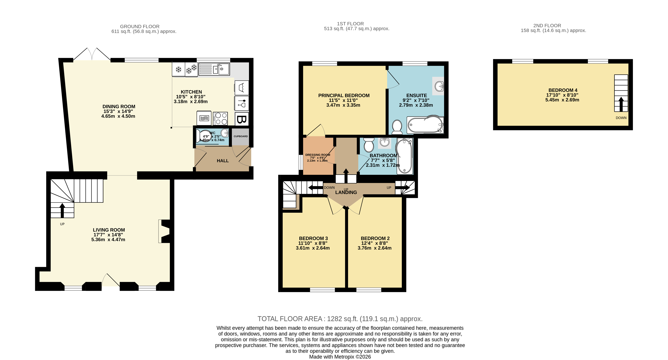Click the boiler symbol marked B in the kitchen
241,119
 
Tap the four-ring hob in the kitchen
220,118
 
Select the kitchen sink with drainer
214,69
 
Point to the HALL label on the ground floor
222,161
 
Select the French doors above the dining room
92,54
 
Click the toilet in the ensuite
397,127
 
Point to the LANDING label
346,192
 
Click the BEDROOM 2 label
375,238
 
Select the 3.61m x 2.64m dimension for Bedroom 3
313,248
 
